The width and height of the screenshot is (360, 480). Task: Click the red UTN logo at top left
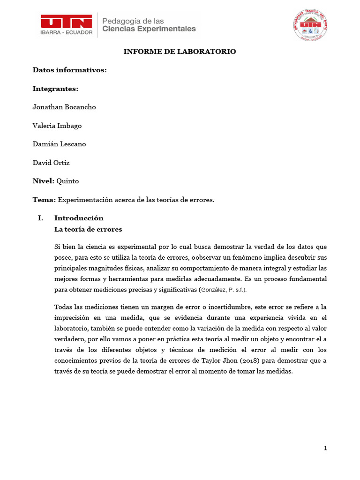[66, 21]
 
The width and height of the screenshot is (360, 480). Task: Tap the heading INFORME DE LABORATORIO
[180, 52]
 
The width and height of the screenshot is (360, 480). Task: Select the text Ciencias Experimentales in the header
[149, 29]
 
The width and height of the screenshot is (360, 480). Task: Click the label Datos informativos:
[69, 70]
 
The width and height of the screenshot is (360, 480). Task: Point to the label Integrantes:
[55, 89]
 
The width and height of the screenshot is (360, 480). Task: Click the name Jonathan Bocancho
[64, 107]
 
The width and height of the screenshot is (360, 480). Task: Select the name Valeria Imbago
[57, 126]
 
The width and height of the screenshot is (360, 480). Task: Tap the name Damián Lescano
[59, 144]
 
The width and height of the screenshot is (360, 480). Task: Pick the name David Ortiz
[51, 163]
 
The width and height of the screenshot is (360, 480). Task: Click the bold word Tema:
[44, 200]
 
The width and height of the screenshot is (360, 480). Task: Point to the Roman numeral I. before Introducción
[40, 218]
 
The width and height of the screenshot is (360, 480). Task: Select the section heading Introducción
[79, 218]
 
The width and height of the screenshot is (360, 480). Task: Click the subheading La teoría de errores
[88, 229]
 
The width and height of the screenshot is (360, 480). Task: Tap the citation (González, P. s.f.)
[223, 290]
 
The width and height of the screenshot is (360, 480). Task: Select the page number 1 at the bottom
[325, 448]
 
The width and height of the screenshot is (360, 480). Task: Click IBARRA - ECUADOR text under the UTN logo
[66, 33]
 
